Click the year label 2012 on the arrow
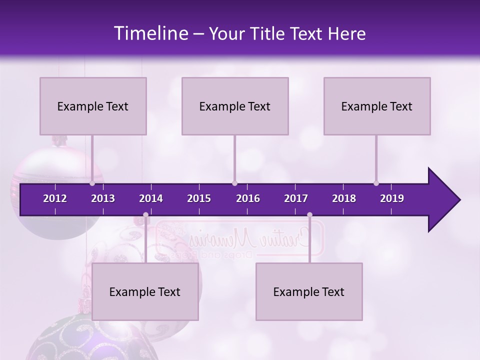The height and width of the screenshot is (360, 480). point(55,198)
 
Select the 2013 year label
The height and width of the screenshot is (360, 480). point(103,198)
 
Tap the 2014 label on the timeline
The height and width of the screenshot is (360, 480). point(151,198)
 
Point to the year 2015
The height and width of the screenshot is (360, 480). point(199,198)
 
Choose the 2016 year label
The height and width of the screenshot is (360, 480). point(248,198)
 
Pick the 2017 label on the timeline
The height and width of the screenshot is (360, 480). point(296,198)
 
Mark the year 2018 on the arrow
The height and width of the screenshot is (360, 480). point(344,198)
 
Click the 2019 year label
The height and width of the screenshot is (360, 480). point(392,198)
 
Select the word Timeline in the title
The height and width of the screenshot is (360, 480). point(150,33)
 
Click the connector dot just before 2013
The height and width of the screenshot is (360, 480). point(92,183)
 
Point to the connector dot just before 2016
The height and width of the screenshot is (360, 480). point(234,183)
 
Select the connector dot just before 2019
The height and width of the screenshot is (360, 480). point(376,183)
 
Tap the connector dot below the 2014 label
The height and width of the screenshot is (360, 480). point(145,215)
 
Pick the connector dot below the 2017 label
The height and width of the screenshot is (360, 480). point(309,215)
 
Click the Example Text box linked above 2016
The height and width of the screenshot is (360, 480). point(235,106)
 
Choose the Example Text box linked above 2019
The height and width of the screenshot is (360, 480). point(377,106)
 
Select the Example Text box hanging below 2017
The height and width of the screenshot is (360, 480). point(309,291)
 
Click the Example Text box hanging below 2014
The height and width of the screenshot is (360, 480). point(145,291)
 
